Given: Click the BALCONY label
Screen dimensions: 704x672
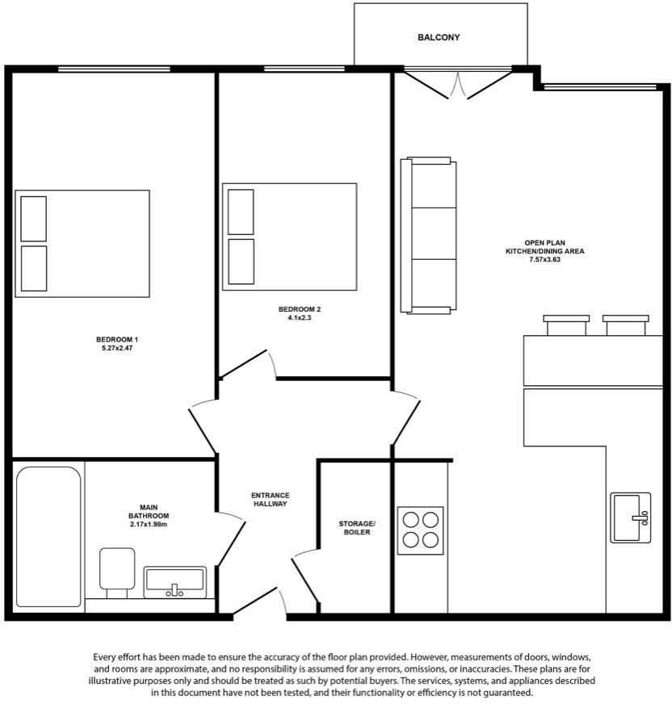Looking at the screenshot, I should coord(439,37).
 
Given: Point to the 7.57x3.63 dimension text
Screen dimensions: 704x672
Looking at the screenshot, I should coord(544,260).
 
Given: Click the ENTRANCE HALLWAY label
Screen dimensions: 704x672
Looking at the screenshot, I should coord(270,499).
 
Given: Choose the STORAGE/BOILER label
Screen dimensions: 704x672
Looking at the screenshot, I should coord(356,528).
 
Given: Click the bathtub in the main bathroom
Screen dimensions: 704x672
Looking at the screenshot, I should coord(48,536).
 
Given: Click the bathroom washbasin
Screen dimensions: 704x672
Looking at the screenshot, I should coord(174,581).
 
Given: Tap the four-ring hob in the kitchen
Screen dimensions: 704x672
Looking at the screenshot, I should coord(420,530).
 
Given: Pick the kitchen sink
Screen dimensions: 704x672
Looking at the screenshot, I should coord(630,517).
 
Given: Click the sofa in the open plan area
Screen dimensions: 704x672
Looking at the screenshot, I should coord(429,235).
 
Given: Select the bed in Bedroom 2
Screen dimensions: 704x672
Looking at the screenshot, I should coord(290,237).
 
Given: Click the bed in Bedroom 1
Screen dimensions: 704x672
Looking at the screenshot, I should coord(82,244).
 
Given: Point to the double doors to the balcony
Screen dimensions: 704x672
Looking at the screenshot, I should coord(458,83).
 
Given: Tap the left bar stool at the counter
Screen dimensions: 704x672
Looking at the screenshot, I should coord(566,325).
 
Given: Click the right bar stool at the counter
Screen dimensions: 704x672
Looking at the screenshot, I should coord(626,325).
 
